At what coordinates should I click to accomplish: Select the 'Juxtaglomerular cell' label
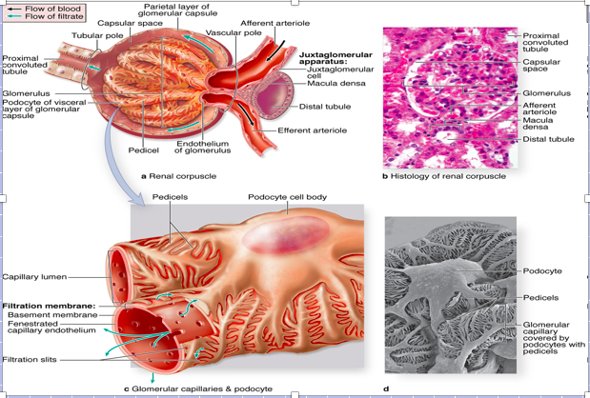click(x=340, y=73)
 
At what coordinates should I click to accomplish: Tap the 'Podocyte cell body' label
click(x=288, y=197)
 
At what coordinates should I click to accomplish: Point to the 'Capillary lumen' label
click(x=34, y=277)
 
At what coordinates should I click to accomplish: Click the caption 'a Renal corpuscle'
click(x=178, y=176)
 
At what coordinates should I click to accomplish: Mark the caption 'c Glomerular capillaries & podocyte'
click(x=198, y=388)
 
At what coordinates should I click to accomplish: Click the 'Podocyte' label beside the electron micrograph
click(x=541, y=271)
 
